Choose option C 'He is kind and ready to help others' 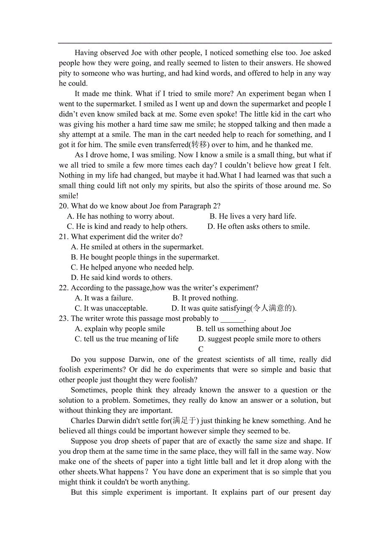click(127, 226)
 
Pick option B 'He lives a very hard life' click(253, 216)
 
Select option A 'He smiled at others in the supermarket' click(137, 247)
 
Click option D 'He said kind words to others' click(122, 278)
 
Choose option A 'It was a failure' click(104, 298)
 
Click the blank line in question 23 click(232, 319)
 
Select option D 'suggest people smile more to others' click(259, 339)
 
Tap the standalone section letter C click(201, 349)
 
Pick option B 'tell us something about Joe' click(244, 329)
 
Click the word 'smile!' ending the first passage click(69, 196)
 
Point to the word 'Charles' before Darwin click(83, 421)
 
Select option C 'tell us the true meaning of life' click(127, 339)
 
